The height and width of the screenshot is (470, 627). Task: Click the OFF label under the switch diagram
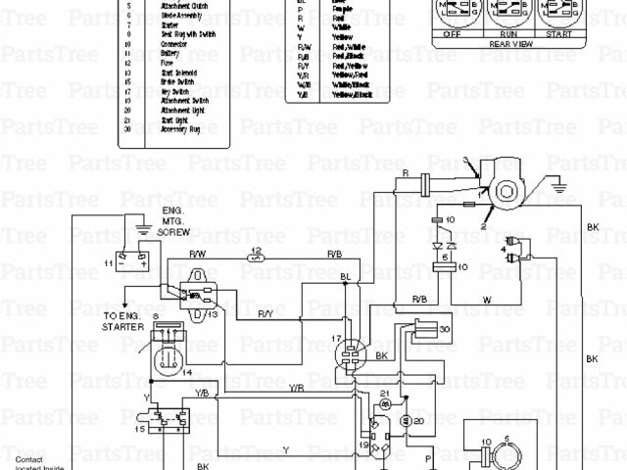click(x=453, y=32)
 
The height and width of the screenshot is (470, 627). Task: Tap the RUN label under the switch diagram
click(x=506, y=32)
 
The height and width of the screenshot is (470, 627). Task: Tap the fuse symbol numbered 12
click(x=256, y=259)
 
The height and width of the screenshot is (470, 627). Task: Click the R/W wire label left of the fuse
click(x=197, y=254)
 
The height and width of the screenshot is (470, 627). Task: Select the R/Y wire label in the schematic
click(x=265, y=313)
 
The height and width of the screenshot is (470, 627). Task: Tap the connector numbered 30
click(x=429, y=330)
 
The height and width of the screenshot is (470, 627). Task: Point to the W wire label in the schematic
click(x=486, y=300)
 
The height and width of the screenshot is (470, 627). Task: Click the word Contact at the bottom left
click(x=29, y=459)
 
